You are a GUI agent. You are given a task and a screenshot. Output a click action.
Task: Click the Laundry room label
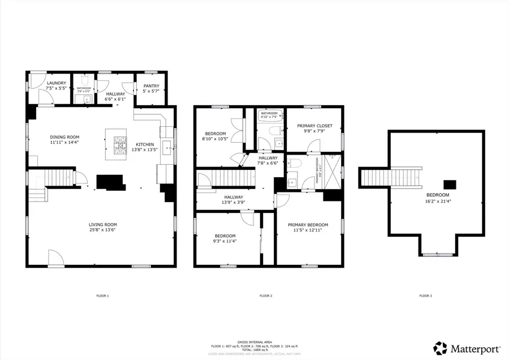point(49,83)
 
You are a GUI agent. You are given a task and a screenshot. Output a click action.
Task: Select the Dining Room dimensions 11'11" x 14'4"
point(65,143)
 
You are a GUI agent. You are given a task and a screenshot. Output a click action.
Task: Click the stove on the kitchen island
point(120,145)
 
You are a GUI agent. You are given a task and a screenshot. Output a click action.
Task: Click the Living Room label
point(102,224)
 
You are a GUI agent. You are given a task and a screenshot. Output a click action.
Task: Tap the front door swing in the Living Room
point(55,259)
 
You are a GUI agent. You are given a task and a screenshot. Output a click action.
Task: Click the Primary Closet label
point(314,126)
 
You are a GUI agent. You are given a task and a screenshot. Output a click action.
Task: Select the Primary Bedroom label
point(307,225)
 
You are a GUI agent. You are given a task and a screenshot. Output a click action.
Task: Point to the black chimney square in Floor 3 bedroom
point(450,184)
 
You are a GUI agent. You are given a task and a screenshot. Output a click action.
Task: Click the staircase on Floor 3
point(391,178)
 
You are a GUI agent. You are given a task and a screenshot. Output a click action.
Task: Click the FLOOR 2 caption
point(266,295)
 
